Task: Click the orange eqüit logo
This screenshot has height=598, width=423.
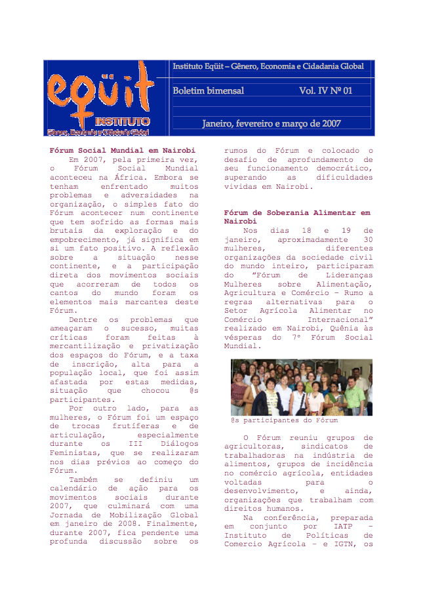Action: click(x=98, y=92)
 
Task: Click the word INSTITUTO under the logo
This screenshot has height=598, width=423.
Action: click(x=122, y=121)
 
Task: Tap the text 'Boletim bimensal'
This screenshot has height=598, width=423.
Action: click(x=208, y=90)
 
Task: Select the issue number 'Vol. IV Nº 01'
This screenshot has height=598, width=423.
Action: click(x=325, y=90)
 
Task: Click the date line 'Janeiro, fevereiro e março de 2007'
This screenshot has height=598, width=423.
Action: click(x=271, y=123)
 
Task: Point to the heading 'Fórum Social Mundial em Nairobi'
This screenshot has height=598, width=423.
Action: click(x=123, y=150)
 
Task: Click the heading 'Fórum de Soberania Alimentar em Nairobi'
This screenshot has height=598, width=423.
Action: click(x=296, y=217)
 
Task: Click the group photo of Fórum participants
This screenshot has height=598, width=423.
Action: click(x=301, y=387)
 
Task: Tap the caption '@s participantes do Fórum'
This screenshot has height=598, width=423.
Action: click(x=284, y=420)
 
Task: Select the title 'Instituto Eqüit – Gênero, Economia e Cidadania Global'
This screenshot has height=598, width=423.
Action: click(x=268, y=66)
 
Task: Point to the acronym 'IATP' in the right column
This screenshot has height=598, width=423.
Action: click(x=342, y=526)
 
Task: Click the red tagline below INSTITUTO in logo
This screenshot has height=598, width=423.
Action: click(x=98, y=132)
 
